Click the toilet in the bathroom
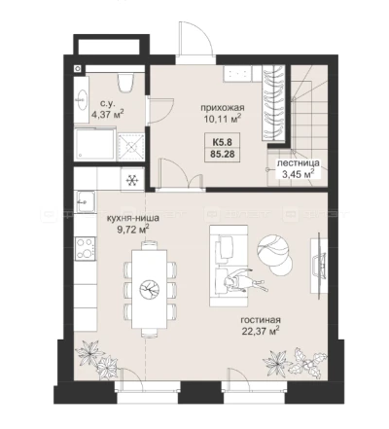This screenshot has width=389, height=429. (x=126, y=83)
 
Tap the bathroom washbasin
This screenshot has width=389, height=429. (x=82, y=99)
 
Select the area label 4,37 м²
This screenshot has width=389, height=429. (x=107, y=114)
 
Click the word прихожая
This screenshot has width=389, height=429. (x=222, y=108)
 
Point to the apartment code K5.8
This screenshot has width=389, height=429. (x=222, y=142)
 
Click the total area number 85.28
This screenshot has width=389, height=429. (x=222, y=154)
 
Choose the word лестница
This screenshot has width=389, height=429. (x=298, y=163)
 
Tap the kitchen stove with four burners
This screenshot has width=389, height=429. (x=86, y=248)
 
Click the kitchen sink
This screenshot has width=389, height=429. (x=86, y=201)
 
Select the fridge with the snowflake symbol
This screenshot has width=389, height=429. (x=132, y=180)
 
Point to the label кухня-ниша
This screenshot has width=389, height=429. (x=133, y=218)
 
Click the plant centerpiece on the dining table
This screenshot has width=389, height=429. (x=150, y=290)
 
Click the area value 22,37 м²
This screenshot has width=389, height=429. (x=261, y=331)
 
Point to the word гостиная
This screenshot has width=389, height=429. (x=261, y=320)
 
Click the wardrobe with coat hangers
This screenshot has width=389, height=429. (x=273, y=103)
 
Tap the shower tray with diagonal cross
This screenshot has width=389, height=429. (x=131, y=147)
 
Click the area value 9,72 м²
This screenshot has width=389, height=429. (x=133, y=230)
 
